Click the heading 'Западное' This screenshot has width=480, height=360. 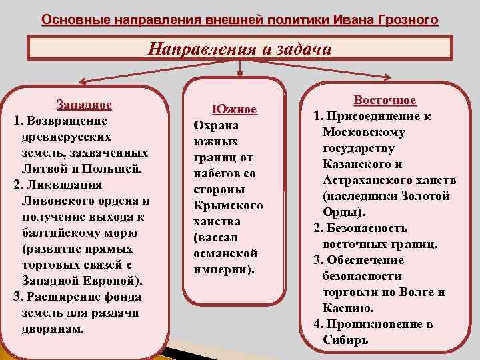[84, 105]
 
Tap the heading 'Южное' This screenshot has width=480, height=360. [235, 109]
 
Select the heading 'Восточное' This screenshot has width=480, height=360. [385, 100]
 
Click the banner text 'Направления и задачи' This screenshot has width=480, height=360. [239, 49]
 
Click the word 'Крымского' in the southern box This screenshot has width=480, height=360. [228, 205]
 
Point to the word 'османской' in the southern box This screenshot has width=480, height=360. [225, 254]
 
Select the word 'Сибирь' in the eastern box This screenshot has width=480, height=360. [345, 340]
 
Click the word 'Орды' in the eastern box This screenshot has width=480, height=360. [341, 212]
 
